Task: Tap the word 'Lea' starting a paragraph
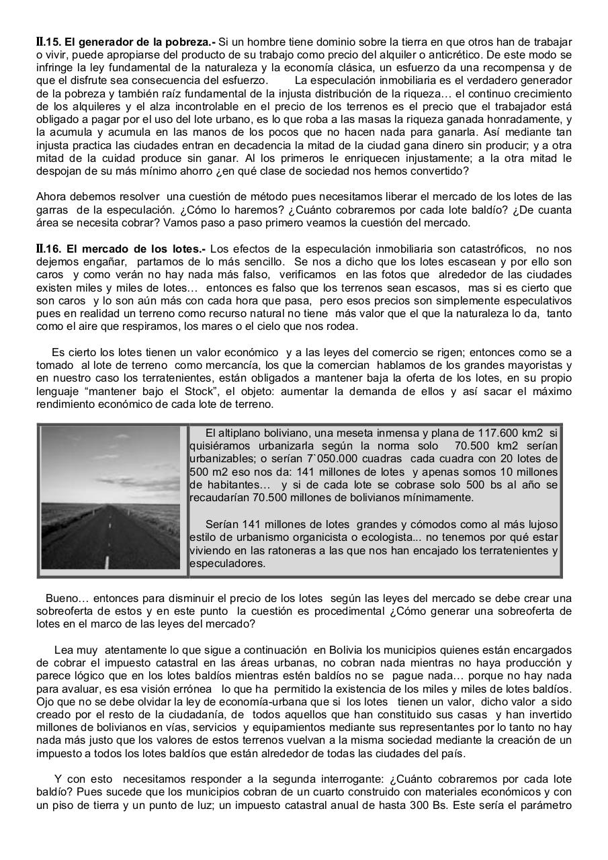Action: [x=64, y=650]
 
